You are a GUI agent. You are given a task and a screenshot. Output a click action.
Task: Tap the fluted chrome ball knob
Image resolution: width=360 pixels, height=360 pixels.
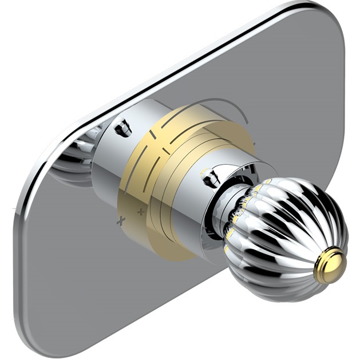coord(286,229)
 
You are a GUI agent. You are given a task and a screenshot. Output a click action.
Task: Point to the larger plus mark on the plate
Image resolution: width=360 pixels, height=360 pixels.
coord(120,221)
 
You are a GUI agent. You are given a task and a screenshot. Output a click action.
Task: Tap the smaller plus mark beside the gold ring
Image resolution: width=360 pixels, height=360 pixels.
coord(141,212)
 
